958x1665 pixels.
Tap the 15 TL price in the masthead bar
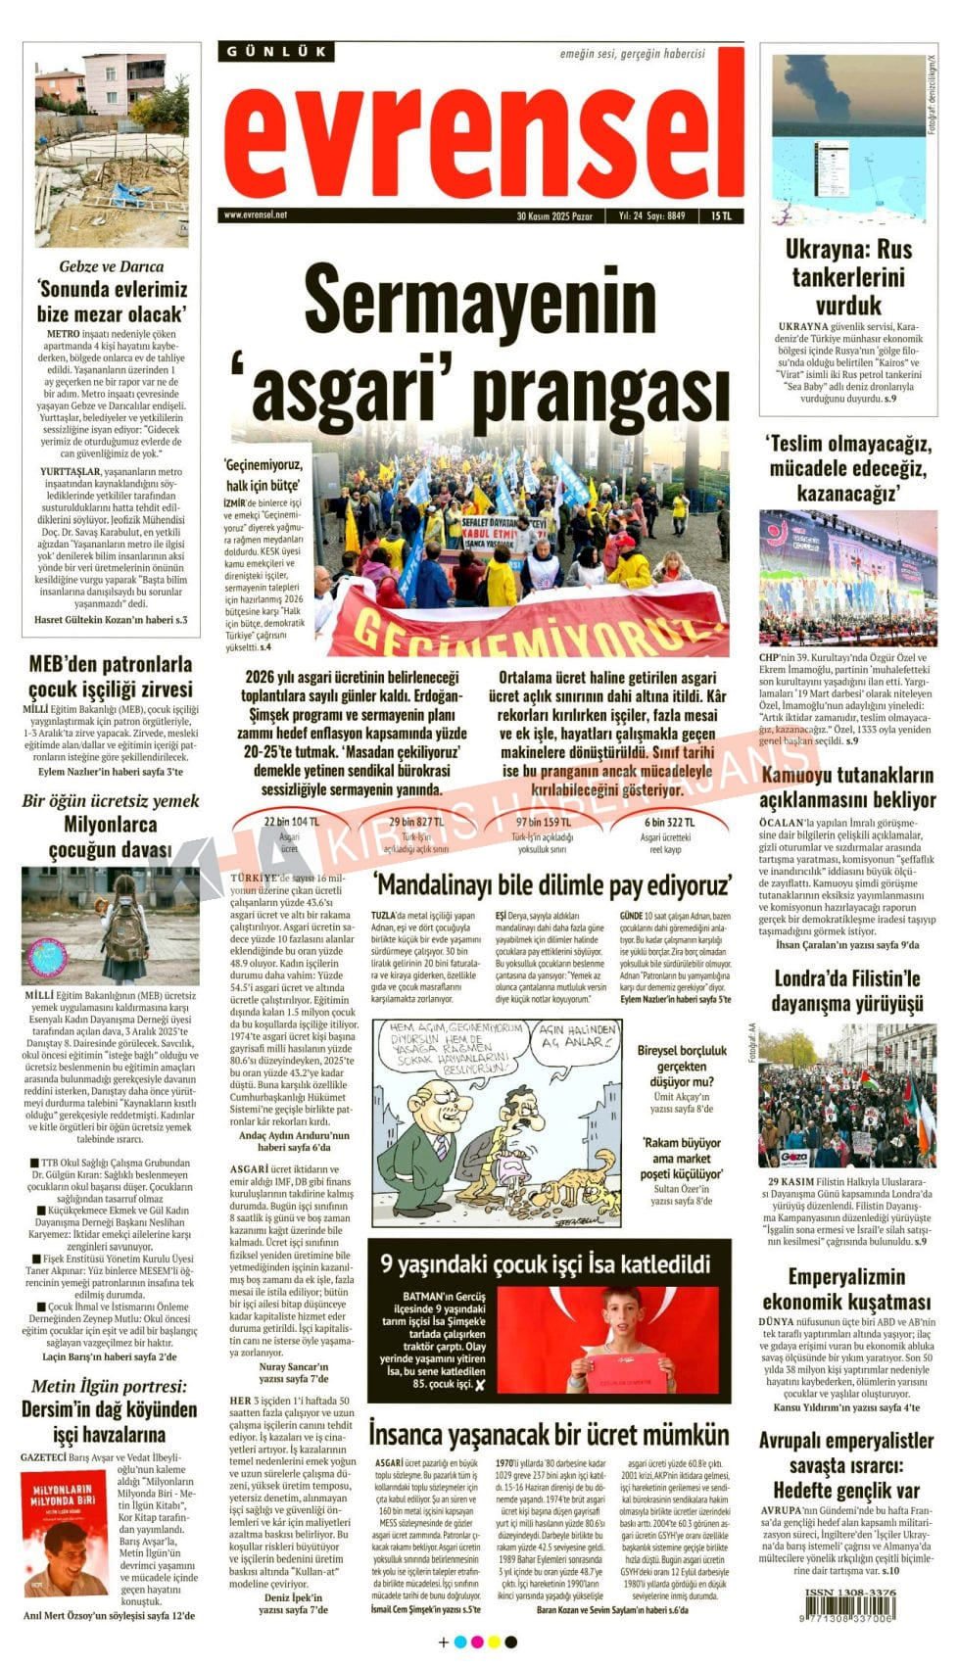click(721, 215)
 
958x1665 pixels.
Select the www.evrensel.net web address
click(256, 214)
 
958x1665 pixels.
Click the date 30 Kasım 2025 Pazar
click(554, 215)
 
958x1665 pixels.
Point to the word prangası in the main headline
click(601, 386)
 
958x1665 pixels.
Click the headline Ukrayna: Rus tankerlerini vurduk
click(848, 276)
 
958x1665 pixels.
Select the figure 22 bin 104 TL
click(291, 822)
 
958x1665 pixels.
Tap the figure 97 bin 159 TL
click(544, 822)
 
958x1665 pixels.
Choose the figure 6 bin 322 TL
click(669, 822)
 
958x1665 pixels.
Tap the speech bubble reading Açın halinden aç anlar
click(578, 1035)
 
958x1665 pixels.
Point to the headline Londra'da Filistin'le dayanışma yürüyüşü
click(847, 990)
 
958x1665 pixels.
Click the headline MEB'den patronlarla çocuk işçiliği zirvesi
click(111, 677)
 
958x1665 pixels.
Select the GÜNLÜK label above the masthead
click(277, 51)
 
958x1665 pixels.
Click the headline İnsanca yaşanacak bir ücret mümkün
click(549, 1434)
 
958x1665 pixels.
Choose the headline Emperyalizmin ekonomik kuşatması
click(847, 1289)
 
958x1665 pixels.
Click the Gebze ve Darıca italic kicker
click(112, 266)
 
